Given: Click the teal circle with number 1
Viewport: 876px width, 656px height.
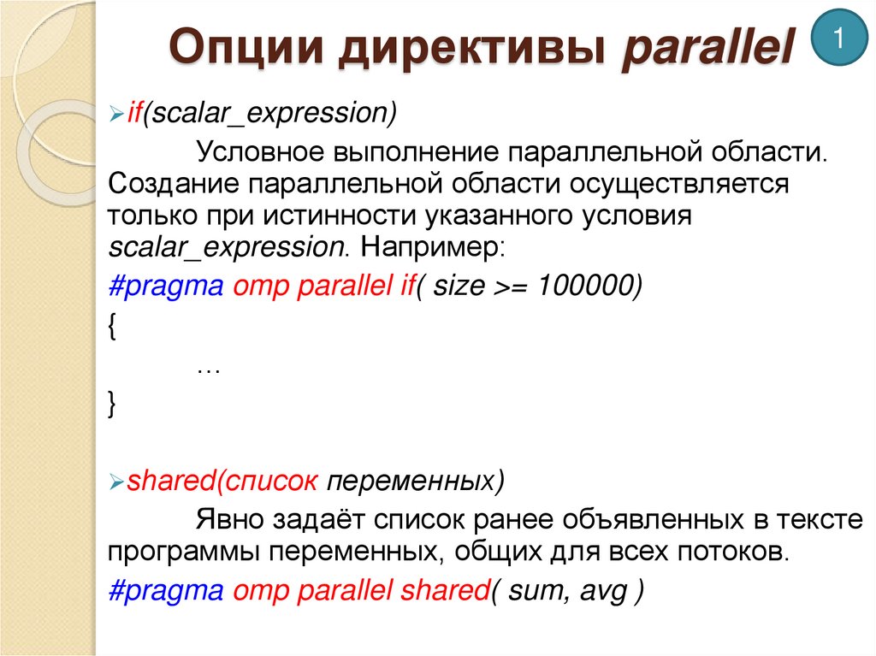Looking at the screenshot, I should click(839, 38).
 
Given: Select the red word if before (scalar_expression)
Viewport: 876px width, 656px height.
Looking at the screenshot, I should click(134, 112).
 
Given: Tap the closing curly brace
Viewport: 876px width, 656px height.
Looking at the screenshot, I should click(113, 405).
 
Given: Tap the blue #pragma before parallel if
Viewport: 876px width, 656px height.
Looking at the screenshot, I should click(166, 287).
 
